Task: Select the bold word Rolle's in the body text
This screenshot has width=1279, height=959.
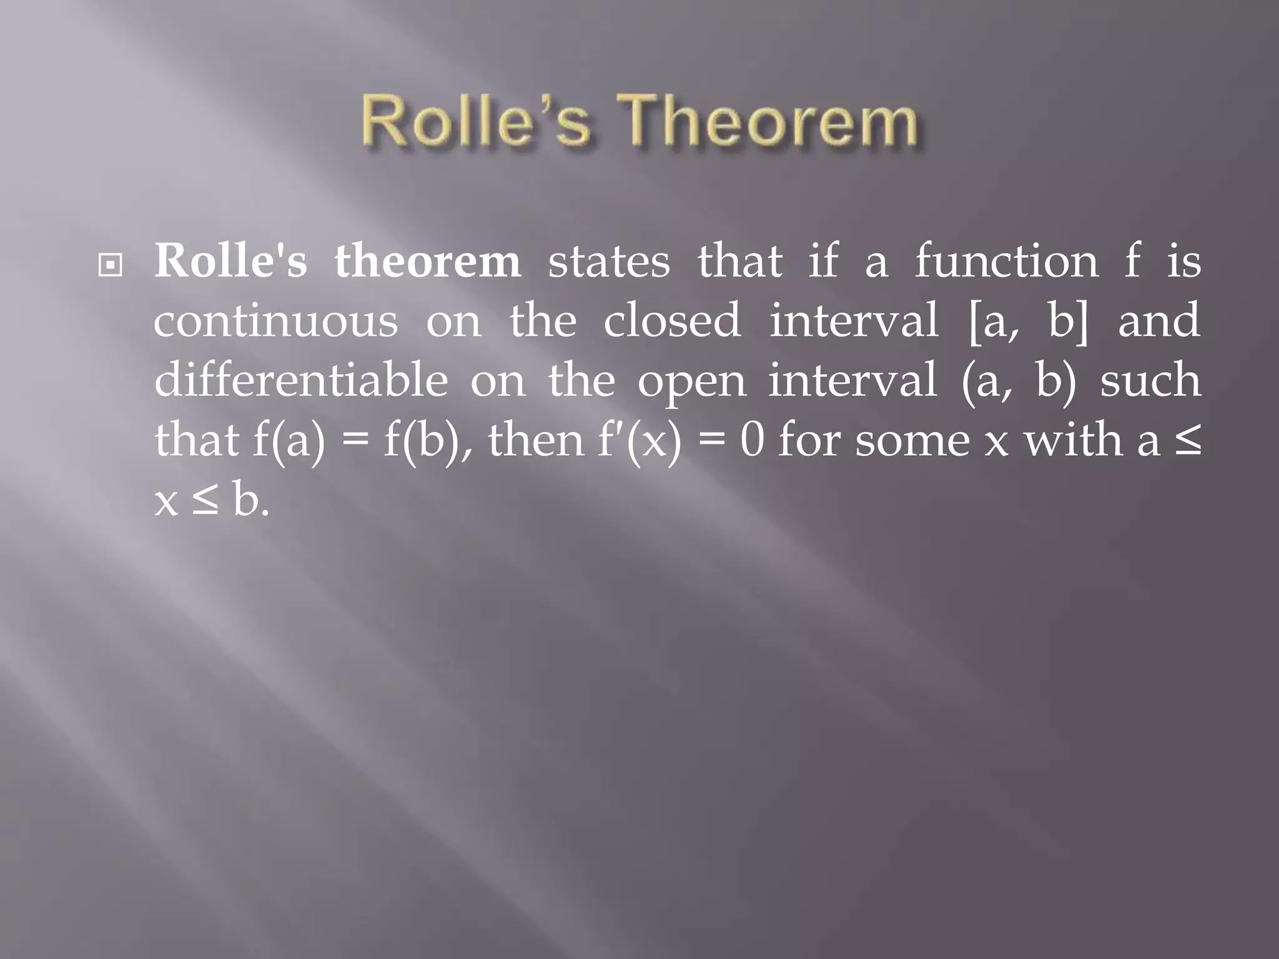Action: click(230, 261)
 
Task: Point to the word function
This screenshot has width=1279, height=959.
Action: click(1006, 261)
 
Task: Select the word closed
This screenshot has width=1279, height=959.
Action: click(671, 320)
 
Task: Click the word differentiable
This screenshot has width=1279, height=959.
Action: click(300, 380)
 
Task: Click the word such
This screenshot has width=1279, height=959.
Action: click(1150, 380)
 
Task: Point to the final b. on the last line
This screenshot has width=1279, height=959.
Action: click(250, 500)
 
